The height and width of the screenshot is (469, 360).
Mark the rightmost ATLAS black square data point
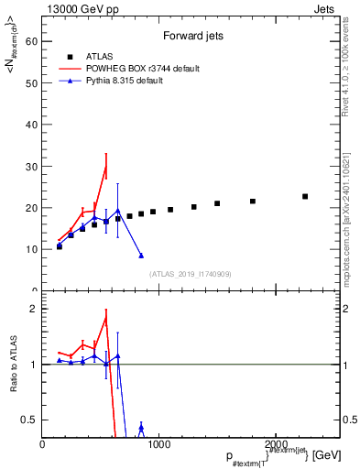305,196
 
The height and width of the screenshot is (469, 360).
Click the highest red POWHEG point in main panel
106,166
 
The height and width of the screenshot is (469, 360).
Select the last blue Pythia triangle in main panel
141,256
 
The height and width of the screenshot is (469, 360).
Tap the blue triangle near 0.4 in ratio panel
141,428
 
